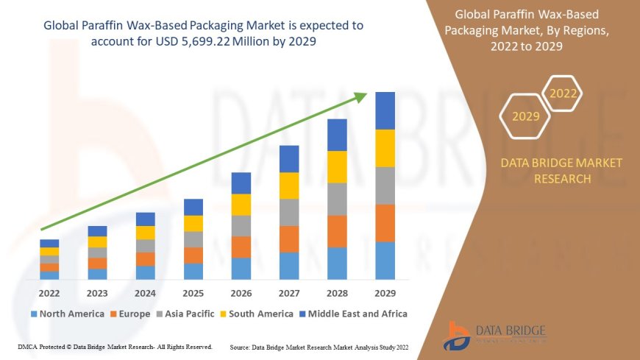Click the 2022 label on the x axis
(49, 293)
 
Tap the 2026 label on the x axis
(241, 293)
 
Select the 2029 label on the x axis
(385, 293)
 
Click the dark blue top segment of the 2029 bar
(385, 111)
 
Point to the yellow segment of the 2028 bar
(337, 166)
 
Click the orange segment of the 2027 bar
(289, 239)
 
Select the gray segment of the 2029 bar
(385, 186)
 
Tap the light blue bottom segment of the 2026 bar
(241, 268)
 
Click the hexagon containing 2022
(563, 93)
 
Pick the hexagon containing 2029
(526, 116)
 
